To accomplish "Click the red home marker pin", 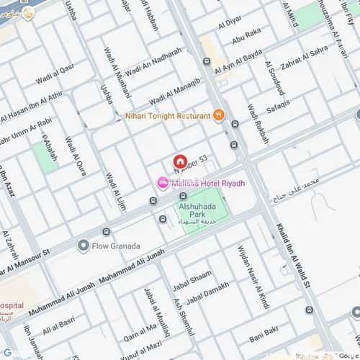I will click(180, 162).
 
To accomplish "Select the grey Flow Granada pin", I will click(84, 246).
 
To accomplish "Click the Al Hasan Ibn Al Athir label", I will click(32, 105).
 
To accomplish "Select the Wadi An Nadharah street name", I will click(153, 63).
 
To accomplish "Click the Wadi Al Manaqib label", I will click(174, 89).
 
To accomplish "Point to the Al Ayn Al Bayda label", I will click(241, 60).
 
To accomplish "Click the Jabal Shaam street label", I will click(197, 277).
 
